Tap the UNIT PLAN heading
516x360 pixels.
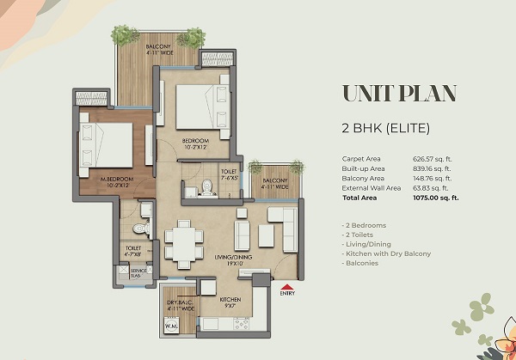pyautogui.click(x=399, y=94)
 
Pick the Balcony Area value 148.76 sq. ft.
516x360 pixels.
pyautogui.click(x=439, y=179)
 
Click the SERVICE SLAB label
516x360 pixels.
pyautogui.click(x=138, y=273)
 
